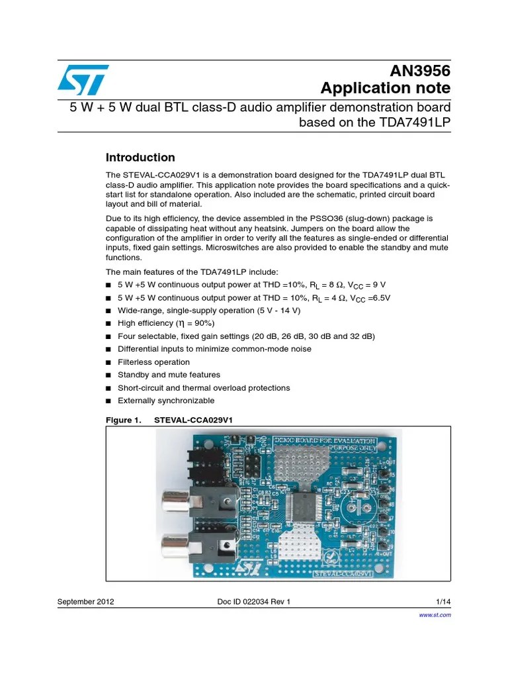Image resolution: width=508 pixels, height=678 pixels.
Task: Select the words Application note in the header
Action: click(385, 89)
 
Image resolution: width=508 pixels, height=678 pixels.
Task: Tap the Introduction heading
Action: click(140, 158)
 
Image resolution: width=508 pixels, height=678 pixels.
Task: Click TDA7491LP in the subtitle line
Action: click(415, 122)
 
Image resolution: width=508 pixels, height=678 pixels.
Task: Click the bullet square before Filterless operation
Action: click(109, 362)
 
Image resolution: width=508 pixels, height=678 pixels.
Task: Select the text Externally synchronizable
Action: click(166, 401)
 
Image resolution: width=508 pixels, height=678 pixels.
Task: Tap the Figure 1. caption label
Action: click(124, 420)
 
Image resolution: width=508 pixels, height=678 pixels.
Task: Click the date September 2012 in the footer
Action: click(86, 601)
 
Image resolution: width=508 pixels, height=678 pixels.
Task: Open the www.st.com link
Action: click(435, 615)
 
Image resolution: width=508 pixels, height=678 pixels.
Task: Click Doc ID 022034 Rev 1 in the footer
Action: click(254, 601)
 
